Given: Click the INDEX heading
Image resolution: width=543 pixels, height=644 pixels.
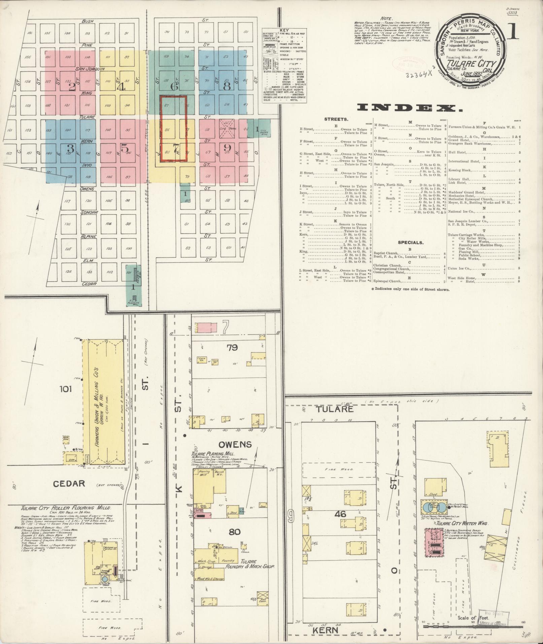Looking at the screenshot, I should pyautogui.click(x=410, y=108).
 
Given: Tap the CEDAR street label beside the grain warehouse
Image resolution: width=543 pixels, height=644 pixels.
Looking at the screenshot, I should pyautogui.click(x=69, y=483).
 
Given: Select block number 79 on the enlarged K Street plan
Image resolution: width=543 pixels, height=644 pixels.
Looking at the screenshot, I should pyautogui.click(x=232, y=347).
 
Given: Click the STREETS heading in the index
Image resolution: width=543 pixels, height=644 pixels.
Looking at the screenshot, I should pyautogui.click(x=336, y=119).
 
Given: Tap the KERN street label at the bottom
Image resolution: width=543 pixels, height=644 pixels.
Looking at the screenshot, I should pyautogui.click(x=325, y=630).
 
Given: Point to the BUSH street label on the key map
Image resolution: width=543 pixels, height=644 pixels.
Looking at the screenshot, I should pyautogui.click(x=87, y=21).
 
